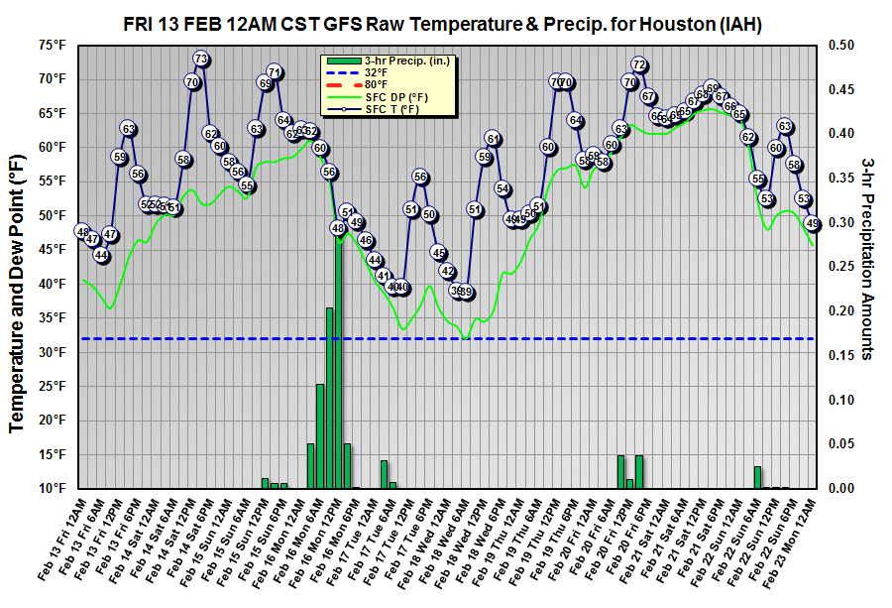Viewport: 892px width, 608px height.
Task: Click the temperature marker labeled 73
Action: click(201, 59)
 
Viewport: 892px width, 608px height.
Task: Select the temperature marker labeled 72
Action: click(639, 65)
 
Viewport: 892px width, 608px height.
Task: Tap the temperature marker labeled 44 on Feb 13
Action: click(101, 255)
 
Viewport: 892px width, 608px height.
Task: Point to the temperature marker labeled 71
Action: click(275, 71)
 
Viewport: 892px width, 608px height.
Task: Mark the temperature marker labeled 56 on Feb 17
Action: click(420, 178)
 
